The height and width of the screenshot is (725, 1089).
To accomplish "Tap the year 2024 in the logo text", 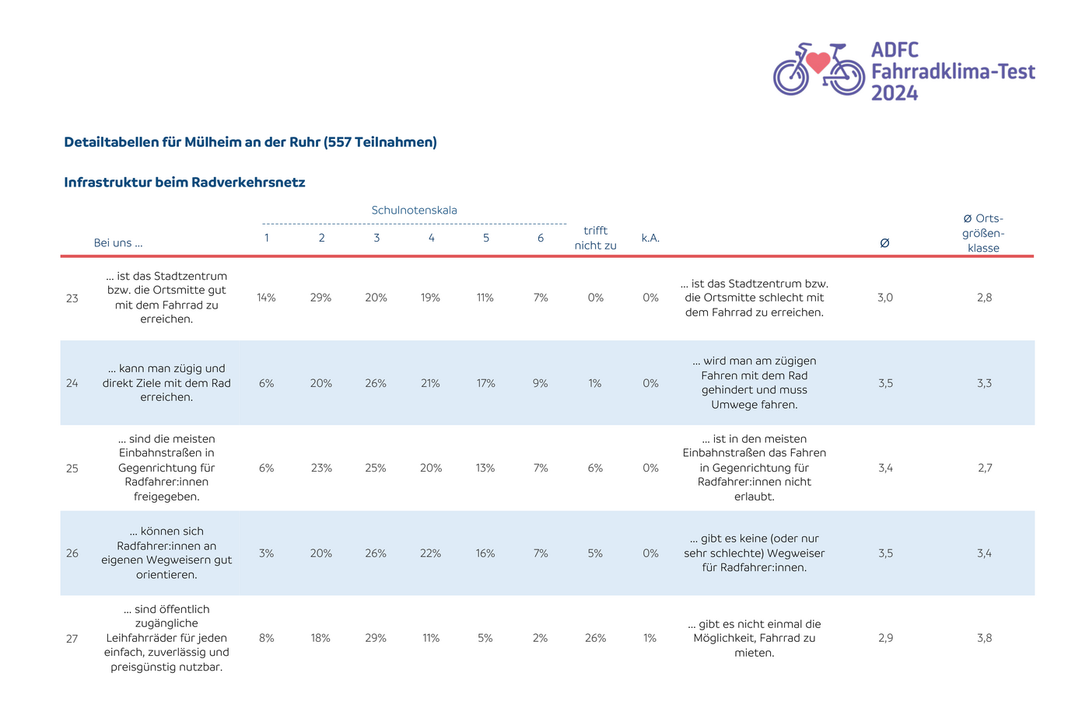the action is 895,92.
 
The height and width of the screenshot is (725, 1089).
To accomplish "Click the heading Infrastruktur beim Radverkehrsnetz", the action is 185,182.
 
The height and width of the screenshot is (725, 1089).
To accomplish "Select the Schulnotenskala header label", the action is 414,211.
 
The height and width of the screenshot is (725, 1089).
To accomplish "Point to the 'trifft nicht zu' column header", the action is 596,238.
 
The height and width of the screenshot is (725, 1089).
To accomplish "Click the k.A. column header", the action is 650,238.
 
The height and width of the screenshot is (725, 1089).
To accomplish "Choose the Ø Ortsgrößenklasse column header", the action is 983,233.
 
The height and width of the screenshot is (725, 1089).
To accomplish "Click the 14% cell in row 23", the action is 266,298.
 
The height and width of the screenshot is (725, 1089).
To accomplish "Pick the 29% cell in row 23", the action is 320,298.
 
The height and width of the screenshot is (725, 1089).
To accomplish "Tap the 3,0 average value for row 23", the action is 885,298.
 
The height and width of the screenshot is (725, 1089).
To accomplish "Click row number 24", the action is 72,383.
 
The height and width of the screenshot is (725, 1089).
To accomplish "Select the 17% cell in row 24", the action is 485,383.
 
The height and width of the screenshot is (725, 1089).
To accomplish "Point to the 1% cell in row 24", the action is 595,383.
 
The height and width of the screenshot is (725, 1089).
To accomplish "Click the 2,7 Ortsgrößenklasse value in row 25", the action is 985,468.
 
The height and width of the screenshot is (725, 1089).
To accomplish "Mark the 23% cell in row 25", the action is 321,468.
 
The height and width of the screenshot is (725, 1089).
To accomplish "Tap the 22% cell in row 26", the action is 431,553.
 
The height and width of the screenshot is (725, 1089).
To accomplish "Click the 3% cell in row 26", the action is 266,553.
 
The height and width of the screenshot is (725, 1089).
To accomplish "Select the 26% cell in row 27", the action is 596,638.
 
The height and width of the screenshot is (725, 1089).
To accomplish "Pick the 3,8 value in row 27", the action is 985,638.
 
